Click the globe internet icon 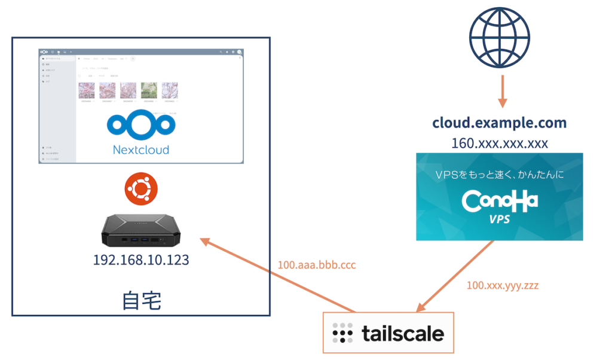click(x=500, y=37)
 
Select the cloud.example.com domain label click(x=499, y=123)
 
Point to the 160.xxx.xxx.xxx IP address click(x=499, y=144)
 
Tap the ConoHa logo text click(x=500, y=201)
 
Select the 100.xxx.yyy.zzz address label click(x=502, y=285)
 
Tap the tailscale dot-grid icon click(x=342, y=332)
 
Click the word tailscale click(x=403, y=332)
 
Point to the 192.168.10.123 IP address click(x=141, y=260)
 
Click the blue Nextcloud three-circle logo click(x=141, y=124)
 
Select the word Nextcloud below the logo click(x=141, y=150)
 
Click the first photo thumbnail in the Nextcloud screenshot click(x=87, y=90)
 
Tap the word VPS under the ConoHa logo click(x=499, y=219)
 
